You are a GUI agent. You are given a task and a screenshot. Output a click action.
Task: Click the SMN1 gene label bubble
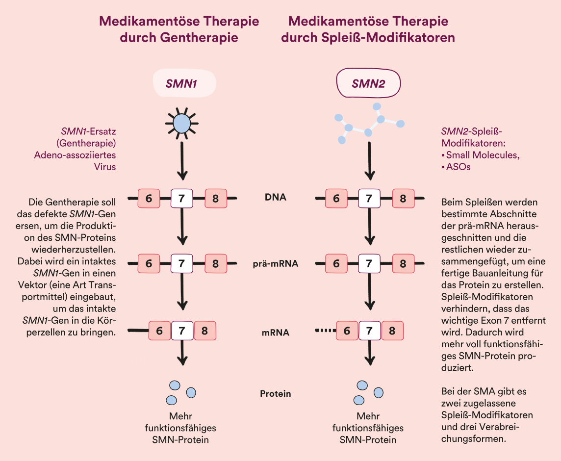tap(184, 83)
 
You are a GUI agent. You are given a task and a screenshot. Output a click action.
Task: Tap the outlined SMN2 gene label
tap(368, 83)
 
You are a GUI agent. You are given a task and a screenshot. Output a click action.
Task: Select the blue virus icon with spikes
tap(182, 123)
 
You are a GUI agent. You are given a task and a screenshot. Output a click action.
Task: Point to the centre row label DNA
tap(276, 197)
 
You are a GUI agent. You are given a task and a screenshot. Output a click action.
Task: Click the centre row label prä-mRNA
tap(276, 263)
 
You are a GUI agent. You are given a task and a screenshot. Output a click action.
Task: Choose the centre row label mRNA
tap(276, 333)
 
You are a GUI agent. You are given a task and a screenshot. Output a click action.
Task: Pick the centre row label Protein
tap(276, 394)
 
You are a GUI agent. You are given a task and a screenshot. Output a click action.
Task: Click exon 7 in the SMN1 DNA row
tap(182, 198)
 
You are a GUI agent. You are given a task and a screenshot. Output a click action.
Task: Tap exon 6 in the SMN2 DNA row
tap(336, 198)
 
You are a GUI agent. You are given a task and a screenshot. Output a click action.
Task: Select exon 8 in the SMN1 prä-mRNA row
tap(216, 264)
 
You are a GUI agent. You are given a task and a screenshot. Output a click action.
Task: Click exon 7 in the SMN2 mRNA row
tap(370, 331)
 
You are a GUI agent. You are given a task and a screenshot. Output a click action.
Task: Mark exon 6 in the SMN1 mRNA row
tap(159, 331)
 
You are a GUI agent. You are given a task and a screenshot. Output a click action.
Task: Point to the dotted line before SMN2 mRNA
tap(326, 331)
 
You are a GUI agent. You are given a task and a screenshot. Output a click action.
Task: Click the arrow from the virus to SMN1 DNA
tap(182, 161)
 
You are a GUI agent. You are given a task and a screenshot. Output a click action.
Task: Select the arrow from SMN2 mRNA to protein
tap(370, 353)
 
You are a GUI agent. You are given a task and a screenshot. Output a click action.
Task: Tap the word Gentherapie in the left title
tap(199, 37)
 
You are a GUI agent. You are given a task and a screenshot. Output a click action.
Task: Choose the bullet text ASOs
tap(459, 167)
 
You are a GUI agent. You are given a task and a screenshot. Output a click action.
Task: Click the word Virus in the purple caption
tap(105, 167)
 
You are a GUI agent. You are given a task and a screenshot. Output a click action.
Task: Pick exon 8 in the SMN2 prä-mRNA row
tap(403, 264)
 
